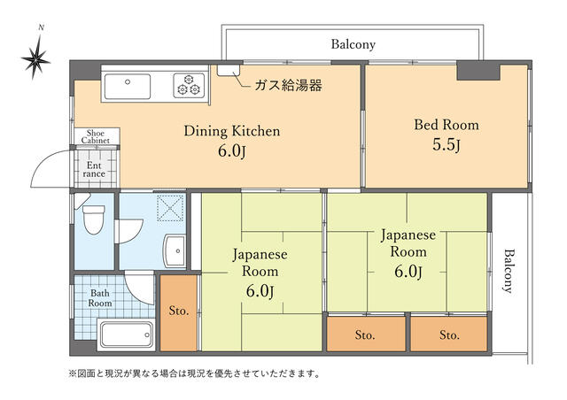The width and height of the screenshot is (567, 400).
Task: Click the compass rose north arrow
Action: (x=35, y=58)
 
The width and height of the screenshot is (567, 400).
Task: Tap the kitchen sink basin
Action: (x=128, y=87)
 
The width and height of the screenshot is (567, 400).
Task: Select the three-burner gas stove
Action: (x=189, y=85)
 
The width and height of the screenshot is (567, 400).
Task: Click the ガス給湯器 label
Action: (x=288, y=86)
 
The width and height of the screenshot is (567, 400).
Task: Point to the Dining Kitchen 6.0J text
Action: (x=232, y=141)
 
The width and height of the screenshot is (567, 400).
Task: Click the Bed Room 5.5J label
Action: (x=447, y=135)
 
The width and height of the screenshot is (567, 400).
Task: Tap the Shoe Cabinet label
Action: (x=95, y=137)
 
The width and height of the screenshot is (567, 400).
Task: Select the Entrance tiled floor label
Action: (x=94, y=169)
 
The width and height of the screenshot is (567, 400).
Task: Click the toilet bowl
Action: (x=94, y=219)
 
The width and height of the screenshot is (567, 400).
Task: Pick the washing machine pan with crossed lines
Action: (x=170, y=208)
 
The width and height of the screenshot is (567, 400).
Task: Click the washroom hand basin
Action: (x=175, y=250)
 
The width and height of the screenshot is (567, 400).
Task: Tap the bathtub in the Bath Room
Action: (x=126, y=335)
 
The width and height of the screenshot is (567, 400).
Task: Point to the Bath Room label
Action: (x=100, y=298)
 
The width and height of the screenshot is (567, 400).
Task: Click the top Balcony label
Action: (x=353, y=44)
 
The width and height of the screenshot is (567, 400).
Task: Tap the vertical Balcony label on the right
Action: (x=509, y=270)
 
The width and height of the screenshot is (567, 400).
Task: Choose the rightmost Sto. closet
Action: (x=449, y=334)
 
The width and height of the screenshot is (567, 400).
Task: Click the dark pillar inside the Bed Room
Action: (x=478, y=71)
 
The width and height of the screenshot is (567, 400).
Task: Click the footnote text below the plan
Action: (x=194, y=373)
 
